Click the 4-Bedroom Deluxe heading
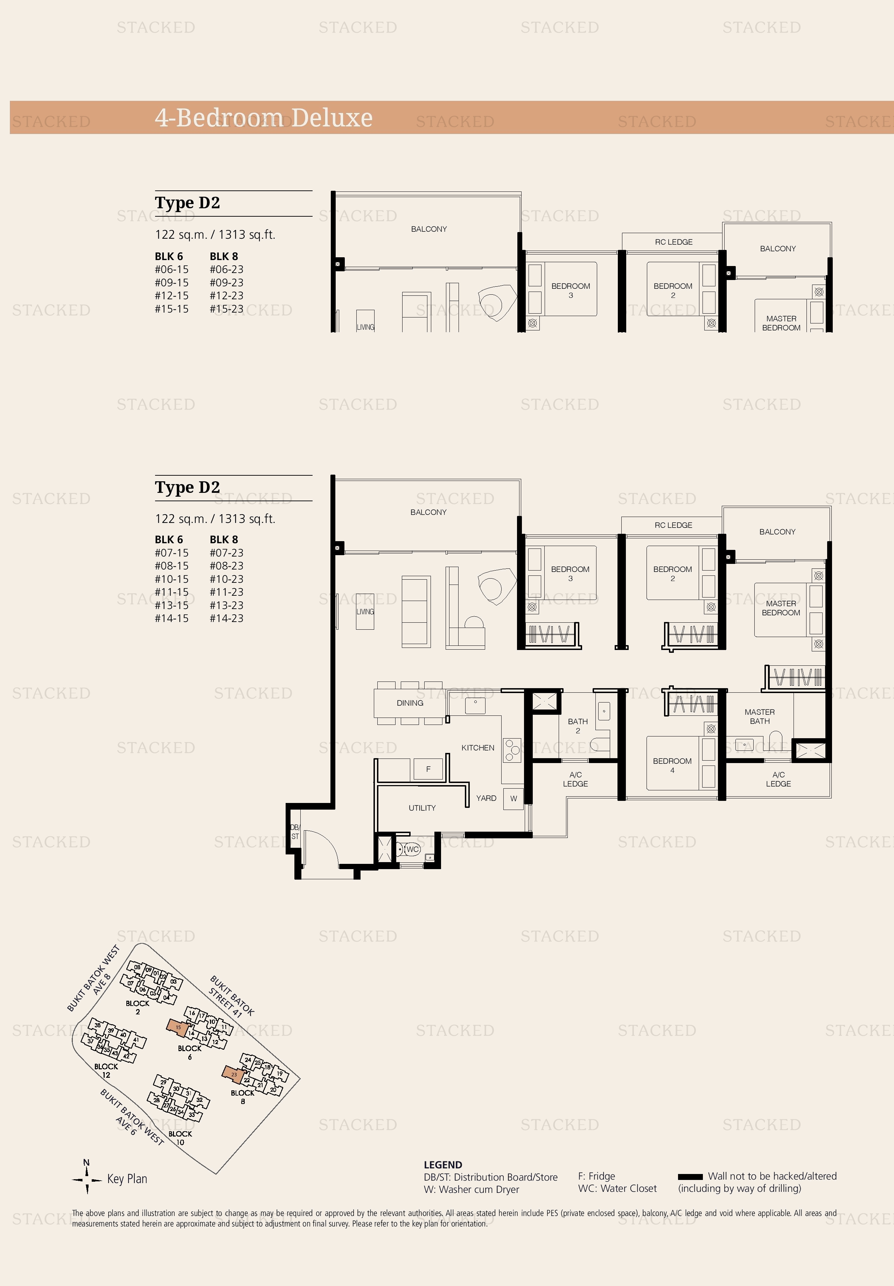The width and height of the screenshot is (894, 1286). coord(263,118)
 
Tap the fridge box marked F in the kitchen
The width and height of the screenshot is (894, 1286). coord(428,769)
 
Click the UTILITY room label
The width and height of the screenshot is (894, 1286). coord(422,808)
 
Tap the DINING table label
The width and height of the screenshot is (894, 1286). coord(410,703)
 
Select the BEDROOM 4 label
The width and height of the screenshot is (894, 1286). coord(672,765)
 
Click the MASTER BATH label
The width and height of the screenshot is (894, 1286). coord(760,717)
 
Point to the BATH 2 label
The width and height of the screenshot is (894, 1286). coord(578,726)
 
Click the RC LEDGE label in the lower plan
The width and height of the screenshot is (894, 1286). coord(673,525)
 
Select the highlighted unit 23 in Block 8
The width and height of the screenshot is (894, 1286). coord(233,1074)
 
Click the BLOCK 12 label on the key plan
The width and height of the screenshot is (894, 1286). coord(106,1070)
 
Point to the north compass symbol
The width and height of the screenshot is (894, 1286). coord(87,1179)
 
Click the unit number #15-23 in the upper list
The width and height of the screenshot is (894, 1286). coord(226,309)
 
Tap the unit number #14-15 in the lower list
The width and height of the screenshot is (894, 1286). coord(172,618)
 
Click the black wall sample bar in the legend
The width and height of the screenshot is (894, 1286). coord(690,1177)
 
